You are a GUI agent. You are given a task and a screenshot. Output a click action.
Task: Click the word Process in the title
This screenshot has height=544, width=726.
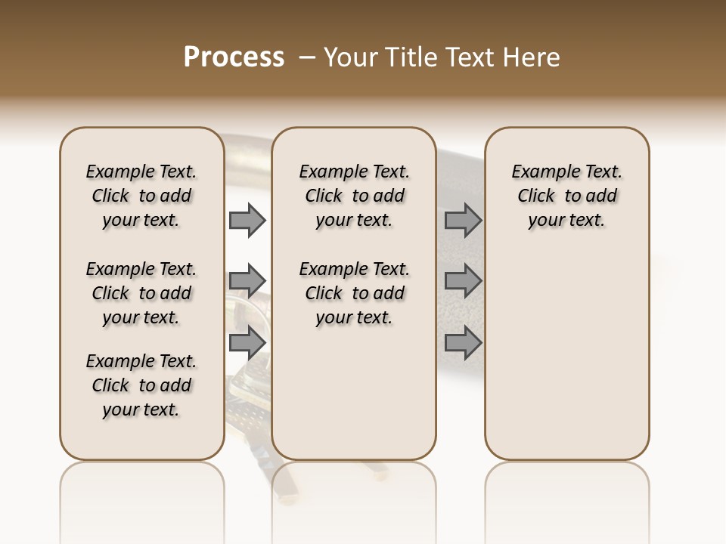click(234, 57)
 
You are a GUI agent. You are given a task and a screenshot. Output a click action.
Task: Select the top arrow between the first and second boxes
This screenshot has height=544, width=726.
click(247, 220)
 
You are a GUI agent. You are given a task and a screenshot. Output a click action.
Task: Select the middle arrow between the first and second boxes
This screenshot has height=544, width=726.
click(247, 281)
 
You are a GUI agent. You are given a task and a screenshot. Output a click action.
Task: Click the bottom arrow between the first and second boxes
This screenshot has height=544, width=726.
click(247, 342)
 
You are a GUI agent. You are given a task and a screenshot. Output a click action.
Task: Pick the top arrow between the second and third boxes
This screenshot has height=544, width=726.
click(463, 220)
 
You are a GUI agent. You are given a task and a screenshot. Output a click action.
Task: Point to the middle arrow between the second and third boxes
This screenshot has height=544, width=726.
click(463, 281)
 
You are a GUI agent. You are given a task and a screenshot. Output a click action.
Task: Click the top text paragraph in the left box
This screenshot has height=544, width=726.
click(141, 196)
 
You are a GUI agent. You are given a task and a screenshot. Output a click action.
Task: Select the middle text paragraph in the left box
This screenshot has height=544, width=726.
click(141, 293)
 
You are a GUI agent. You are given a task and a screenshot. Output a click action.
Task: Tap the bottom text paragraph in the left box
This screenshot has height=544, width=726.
click(141, 385)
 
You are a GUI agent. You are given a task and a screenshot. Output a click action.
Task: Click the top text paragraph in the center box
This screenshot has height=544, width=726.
click(355, 196)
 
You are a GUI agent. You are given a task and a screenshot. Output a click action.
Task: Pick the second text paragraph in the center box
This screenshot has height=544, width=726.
click(355, 293)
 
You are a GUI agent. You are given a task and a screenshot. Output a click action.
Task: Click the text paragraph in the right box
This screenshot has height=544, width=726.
click(567, 196)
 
